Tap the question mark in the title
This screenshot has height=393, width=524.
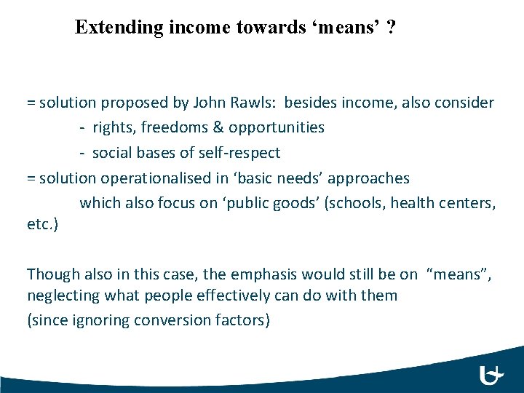click(x=392, y=28)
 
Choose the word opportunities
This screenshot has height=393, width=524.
click(x=277, y=127)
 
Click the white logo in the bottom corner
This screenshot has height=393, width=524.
click(x=492, y=376)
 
